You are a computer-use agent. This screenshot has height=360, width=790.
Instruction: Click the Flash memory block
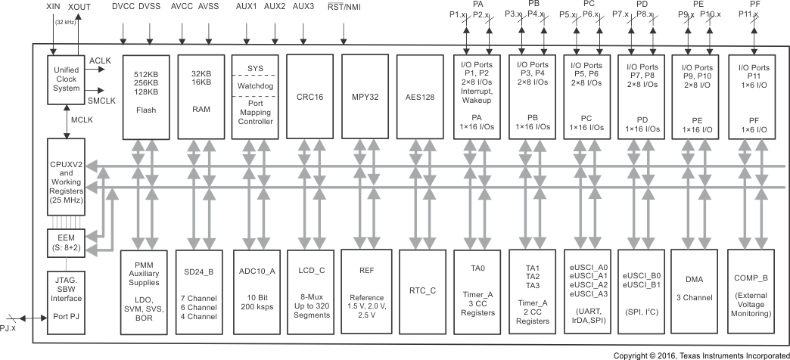coord(146,96)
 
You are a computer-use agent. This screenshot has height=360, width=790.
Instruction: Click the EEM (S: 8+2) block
coord(67,244)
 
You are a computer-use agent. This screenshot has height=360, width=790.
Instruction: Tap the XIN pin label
coord(54,7)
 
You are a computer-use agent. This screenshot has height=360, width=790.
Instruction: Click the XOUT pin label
coord(79,7)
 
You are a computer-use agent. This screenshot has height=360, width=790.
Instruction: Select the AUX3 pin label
coord(303,7)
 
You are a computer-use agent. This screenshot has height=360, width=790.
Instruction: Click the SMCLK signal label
coord(101,101)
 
